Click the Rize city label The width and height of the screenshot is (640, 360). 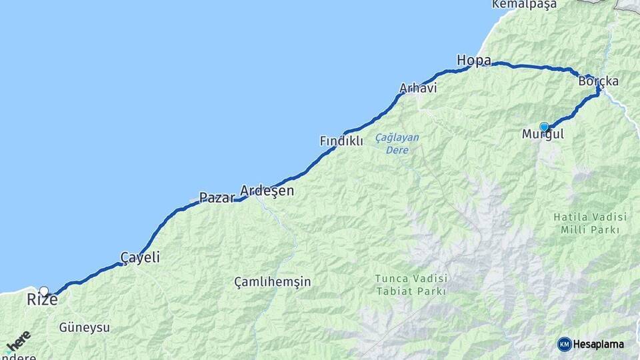click(42, 301)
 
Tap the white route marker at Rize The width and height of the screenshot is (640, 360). click(44, 291)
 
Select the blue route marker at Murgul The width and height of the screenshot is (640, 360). click(544, 127)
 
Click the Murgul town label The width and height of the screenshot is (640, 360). click(543, 135)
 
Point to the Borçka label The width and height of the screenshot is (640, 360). click(599, 81)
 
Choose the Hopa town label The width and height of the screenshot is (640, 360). click(474, 61)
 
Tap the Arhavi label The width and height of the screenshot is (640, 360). click(418, 88)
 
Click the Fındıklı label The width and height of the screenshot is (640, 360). click(341, 141)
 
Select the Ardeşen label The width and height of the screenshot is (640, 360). click(267, 191)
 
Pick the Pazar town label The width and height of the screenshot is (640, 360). click(217, 197)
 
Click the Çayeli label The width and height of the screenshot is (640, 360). click(140, 257)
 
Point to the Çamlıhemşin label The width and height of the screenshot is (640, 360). click(273, 282)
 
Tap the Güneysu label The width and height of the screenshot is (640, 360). click(85, 327)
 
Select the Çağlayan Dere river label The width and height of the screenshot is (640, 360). click(397, 143)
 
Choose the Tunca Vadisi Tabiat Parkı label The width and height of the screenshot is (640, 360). click(411, 285)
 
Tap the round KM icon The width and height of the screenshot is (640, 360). click(564, 344)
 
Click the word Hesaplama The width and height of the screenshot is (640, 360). click(599, 345)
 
